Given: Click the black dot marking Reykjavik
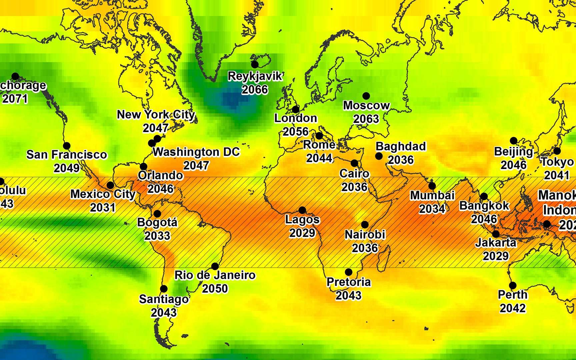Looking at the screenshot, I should pos(255,64).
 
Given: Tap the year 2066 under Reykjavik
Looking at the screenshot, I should pos(255,90).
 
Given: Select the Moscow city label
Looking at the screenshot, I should pos(366,106).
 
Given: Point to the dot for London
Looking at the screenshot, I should pos(295,109).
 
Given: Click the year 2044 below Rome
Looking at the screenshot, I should pos(319,158).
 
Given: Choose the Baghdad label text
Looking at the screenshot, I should pos(401,146).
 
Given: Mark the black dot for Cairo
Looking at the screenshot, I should pos(354,163).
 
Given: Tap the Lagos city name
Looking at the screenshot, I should pos(302,220).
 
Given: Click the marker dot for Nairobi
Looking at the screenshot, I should pos(365,225).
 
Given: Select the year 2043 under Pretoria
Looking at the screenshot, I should pos(348,295).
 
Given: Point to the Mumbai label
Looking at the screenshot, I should pos(432,195).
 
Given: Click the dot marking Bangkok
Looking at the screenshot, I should pos(484,196).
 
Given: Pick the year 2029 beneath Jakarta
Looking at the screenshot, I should pos(496,256).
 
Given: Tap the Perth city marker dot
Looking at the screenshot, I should pos(513,285).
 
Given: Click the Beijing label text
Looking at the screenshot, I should pos(513,152).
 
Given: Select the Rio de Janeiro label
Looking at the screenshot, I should pos(215,275).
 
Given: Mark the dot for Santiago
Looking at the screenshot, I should pos(164,289).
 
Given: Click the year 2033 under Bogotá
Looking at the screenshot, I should pos(157,236).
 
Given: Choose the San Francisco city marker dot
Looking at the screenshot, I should pos(67,146).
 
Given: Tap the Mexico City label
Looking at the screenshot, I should pos(103,194).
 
